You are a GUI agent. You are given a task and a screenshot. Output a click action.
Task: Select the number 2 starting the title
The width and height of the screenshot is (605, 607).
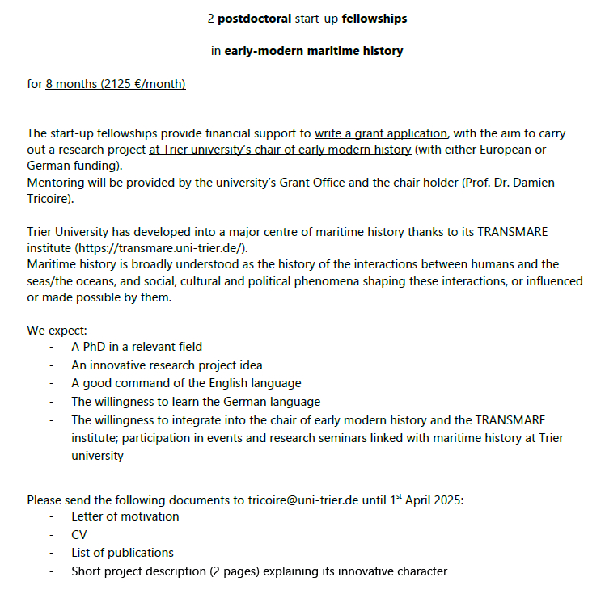tap(212, 18)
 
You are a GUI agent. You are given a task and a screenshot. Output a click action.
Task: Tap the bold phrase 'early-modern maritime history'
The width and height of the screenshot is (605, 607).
tap(313, 51)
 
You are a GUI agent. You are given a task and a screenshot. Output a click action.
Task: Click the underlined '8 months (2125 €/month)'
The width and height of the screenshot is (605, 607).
tap(116, 84)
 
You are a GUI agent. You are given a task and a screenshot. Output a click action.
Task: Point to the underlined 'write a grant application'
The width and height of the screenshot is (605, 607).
tap(381, 133)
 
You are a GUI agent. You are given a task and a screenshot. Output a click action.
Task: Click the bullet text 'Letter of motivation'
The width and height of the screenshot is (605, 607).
tap(125, 516)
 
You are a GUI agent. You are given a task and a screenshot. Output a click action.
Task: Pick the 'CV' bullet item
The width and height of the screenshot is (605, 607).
tap(79, 535)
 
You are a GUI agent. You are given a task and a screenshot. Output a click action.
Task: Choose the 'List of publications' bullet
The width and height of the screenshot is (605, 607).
tap(122, 553)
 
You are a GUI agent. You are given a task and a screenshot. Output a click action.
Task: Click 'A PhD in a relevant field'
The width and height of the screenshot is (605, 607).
tap(137, 347)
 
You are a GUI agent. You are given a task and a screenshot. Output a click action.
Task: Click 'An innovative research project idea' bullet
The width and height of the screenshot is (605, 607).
tap(167, 365)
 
